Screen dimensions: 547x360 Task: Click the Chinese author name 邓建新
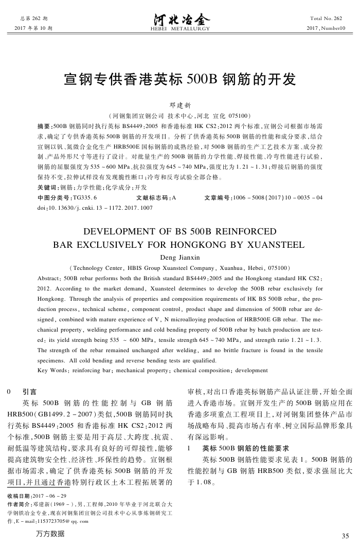179,105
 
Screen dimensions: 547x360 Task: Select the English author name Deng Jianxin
179,257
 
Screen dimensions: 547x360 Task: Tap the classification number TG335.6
85,197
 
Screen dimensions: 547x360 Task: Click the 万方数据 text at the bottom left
51,534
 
